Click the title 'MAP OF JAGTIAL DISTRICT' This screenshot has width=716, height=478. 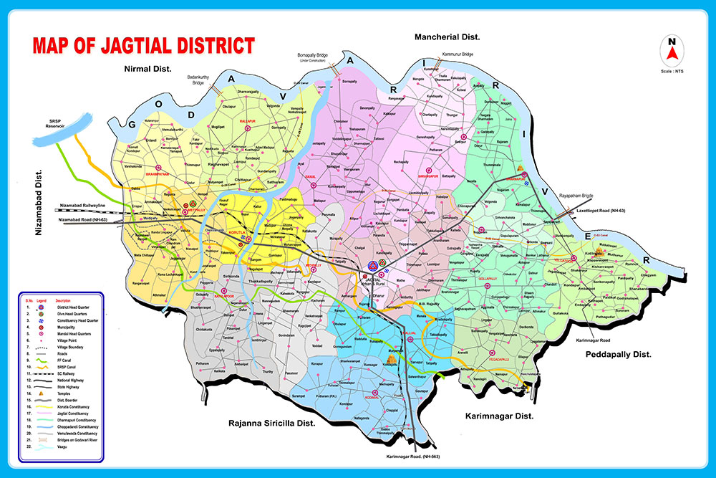click(x=143, y=46)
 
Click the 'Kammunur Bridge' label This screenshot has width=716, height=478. click(x=458, y=54)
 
